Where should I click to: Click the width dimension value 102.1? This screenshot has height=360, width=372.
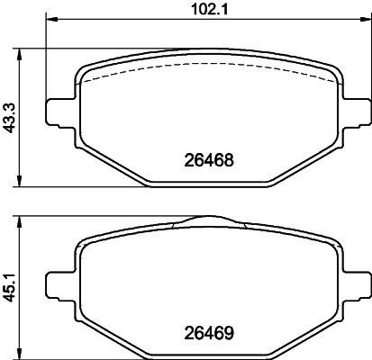coord(210,9)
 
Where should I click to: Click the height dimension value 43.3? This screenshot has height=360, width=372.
coord(10,118)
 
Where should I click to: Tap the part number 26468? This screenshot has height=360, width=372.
coord(209,160)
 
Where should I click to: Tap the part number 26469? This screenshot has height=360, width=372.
coord(209,333)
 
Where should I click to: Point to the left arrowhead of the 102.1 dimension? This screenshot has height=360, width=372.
coord(51,19)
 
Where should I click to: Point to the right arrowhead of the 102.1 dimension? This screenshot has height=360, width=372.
coord(366,19)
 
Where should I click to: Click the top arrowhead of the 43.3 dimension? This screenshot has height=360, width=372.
coord(20,54)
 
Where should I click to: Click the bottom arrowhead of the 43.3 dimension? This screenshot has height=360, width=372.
coord(20,181)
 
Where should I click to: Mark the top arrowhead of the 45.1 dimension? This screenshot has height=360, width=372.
coord(20,222)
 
